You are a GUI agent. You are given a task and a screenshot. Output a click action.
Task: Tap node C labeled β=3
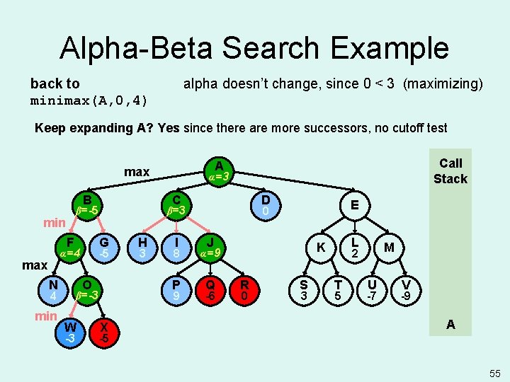click(176, 204)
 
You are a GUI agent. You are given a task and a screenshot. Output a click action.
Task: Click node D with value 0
click(264, 204)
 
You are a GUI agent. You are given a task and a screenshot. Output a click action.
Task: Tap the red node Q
click(210, 289)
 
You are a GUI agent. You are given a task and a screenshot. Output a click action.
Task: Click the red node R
click(244, 289)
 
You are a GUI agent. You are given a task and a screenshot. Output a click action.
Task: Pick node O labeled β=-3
click(87, 289)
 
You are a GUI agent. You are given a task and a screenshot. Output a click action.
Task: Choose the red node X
click(104, 332)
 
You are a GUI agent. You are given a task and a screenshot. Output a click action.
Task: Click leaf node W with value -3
click(70, 332)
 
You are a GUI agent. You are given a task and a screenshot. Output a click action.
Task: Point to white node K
click(321, 248)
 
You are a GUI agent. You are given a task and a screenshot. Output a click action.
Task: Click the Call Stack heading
click(450, 170)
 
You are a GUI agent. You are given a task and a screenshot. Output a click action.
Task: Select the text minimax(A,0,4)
click(89, 100)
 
